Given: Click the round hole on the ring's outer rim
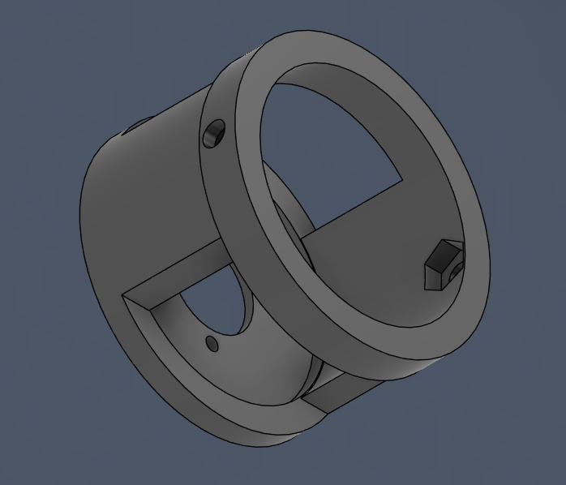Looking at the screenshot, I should click(x=214, y=134).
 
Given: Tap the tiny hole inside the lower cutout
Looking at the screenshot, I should click(x=212, y=344).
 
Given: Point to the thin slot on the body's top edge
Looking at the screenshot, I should click(x=138, y=125).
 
